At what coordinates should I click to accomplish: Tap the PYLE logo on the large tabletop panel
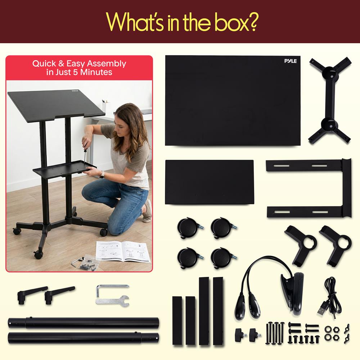pos(291,61)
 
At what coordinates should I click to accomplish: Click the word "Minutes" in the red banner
pos(96,72)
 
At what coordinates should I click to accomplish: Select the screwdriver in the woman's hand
pos(85,153)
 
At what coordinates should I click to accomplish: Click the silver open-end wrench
pos(112,301)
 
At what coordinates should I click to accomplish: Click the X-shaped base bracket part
pos(330,100)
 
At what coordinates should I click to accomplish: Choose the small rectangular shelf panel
pos(209,182)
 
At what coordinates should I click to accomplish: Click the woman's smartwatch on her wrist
pos(102,175)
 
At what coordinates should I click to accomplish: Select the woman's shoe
pos(147,211)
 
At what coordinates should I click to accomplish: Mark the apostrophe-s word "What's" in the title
pos(135,22)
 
